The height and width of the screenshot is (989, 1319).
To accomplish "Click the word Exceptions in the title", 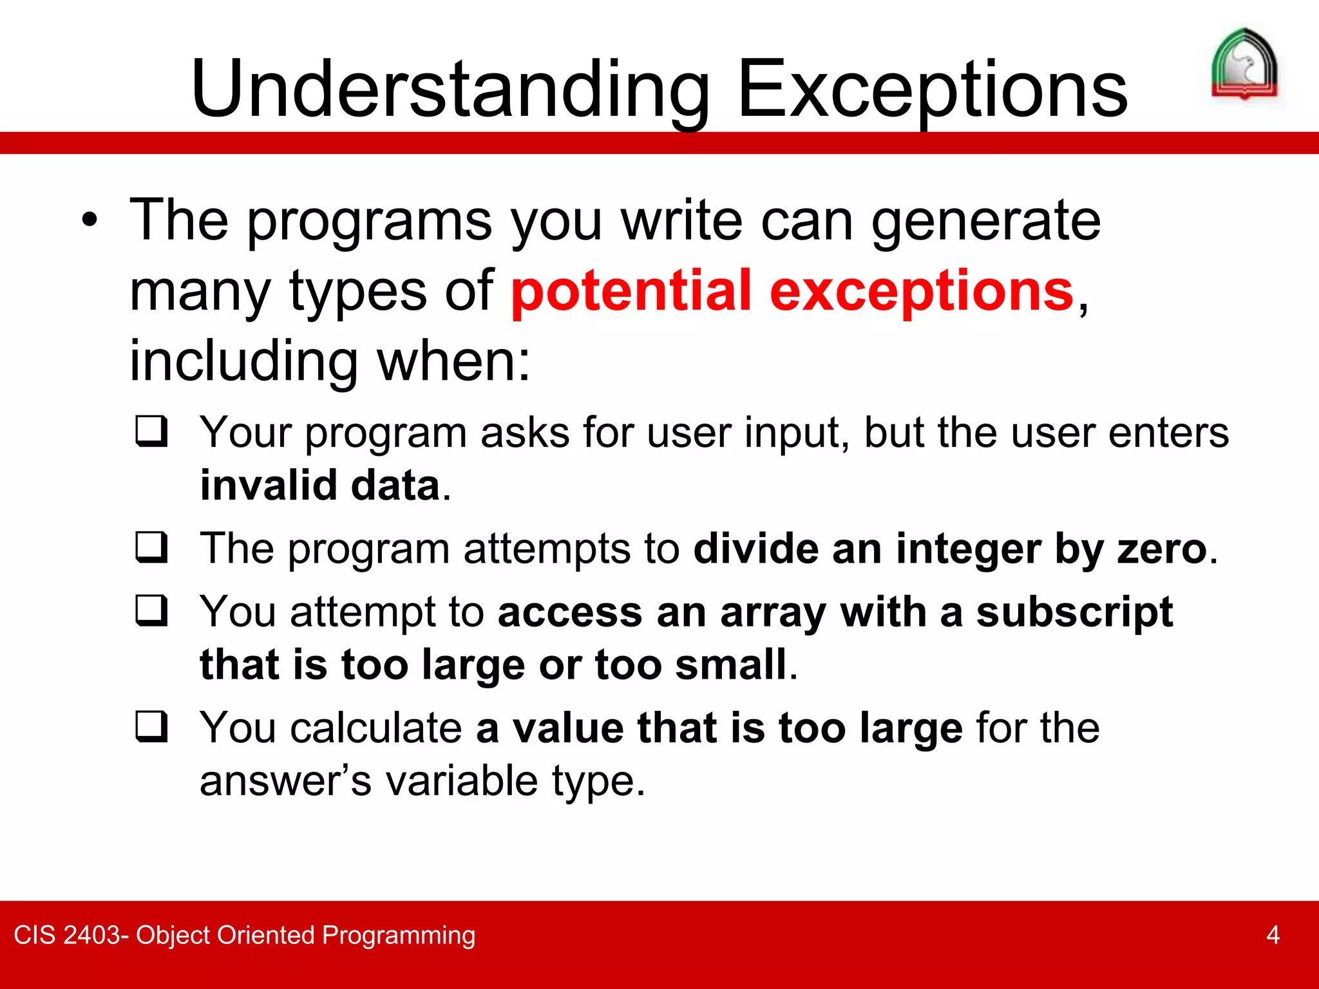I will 932,90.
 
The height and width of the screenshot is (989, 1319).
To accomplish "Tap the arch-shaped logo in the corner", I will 1244,64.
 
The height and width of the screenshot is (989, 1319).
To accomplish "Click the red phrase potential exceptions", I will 792,291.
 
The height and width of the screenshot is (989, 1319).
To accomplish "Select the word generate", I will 985,221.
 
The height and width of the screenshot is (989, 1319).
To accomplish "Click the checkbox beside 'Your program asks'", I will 152,431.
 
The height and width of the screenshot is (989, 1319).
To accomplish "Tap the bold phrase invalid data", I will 320,485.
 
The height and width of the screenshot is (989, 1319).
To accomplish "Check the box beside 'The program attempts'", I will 152,547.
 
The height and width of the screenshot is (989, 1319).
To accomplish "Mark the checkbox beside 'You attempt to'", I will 152,610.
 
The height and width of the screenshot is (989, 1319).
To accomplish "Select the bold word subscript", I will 1074,612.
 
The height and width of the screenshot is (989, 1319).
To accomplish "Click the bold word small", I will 731,664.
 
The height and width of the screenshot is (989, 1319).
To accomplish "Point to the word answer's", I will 285,781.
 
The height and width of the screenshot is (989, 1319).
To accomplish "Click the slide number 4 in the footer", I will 1273,935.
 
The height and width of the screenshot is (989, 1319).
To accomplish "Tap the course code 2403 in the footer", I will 92,935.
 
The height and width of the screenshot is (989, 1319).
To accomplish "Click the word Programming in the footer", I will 399,935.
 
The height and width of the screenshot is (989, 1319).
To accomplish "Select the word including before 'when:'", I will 243,361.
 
